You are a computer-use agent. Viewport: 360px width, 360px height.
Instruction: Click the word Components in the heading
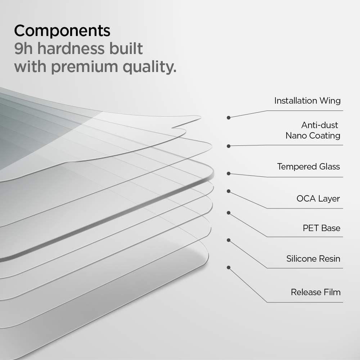(62, 31)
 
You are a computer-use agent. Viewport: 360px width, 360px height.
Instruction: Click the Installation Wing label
(307, 101)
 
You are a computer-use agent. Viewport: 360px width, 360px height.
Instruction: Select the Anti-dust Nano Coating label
(313, 130)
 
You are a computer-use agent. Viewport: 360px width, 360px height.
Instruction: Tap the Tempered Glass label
(308, 167)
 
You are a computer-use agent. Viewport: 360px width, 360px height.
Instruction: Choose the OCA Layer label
(318, 199)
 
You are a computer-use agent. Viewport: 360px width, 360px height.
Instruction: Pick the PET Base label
(321, 228)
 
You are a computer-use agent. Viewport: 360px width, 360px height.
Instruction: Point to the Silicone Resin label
(313, 259)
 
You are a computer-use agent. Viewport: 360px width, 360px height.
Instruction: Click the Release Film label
(315, 292)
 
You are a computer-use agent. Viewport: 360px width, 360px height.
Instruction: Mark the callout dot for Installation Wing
(229, 117)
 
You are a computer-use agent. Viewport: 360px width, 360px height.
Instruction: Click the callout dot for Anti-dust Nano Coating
(229, 146)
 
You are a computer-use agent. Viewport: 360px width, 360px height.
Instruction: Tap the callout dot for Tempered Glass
(229, 173)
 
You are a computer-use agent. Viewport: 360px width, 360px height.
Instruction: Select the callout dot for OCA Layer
(229, 191)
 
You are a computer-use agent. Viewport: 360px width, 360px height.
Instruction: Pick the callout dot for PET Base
(229, 213)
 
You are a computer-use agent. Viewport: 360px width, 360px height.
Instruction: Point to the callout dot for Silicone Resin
(229, 240)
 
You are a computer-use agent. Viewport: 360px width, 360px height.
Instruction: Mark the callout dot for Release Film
(229, 267)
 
